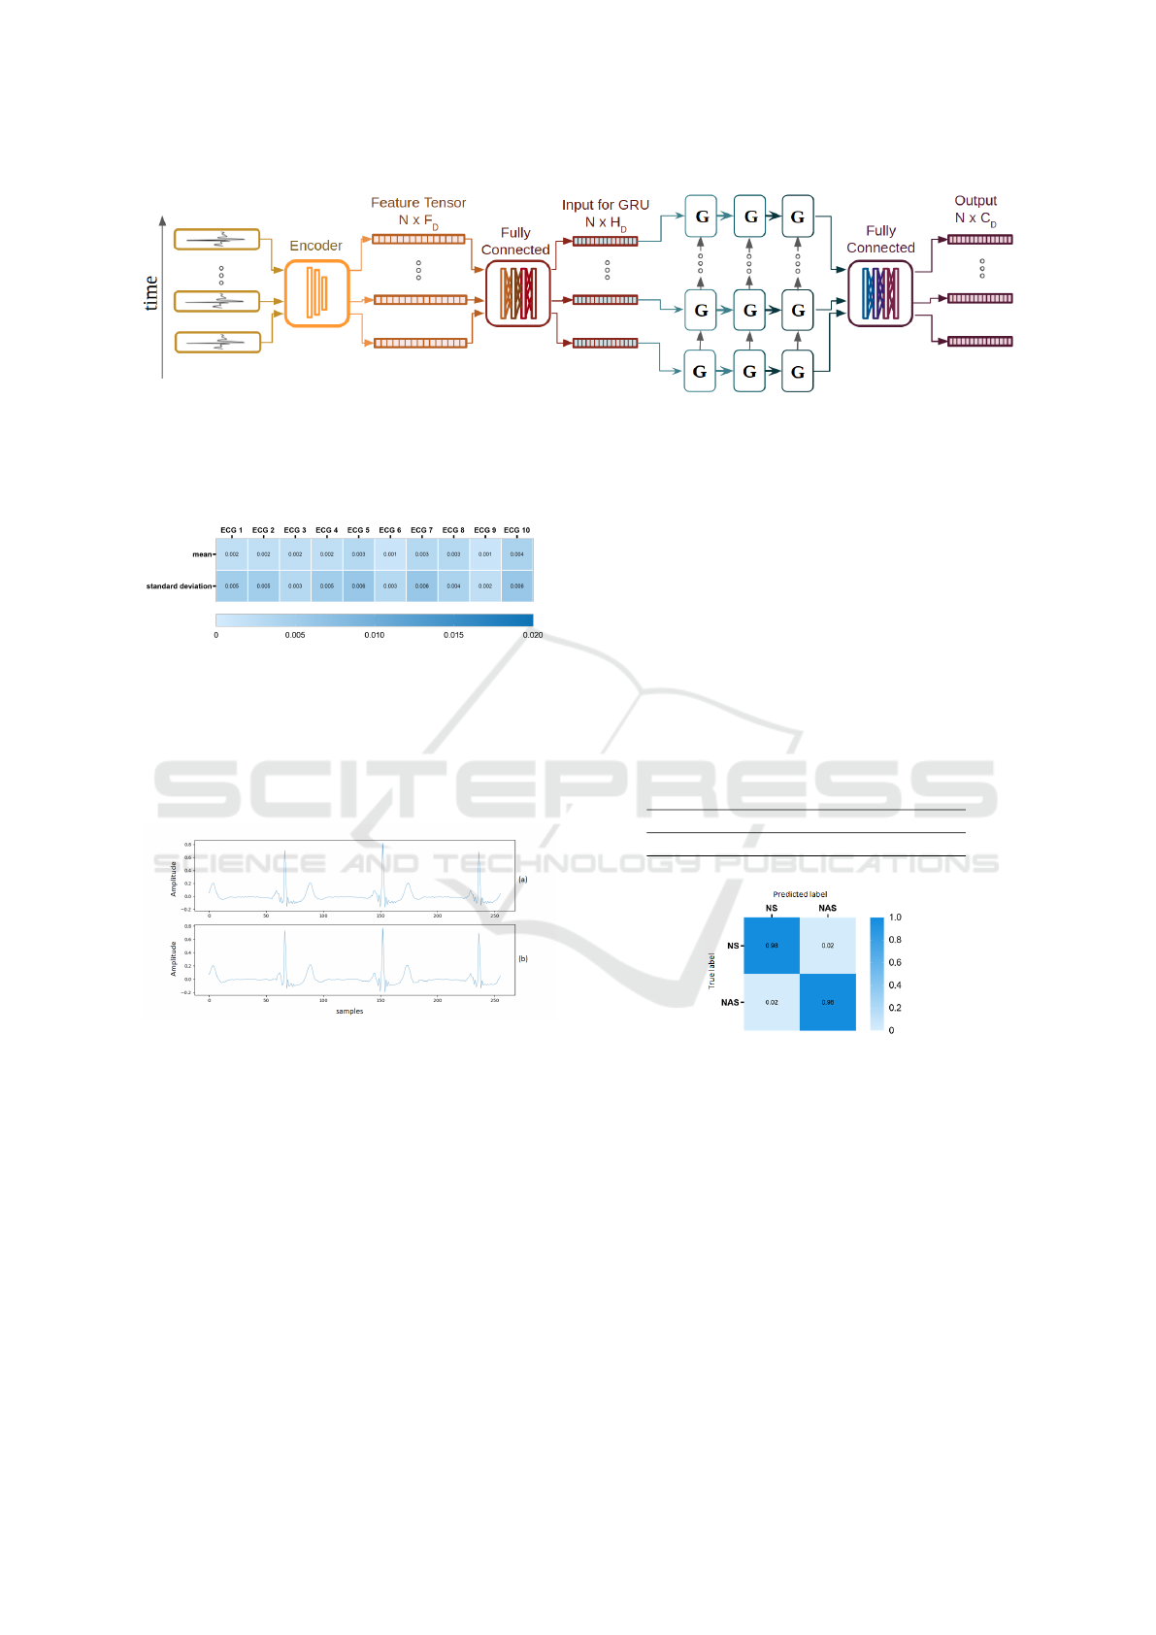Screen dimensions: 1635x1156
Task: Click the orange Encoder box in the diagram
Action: coord(316,293)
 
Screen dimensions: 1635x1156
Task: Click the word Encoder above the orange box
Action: coord(315,246)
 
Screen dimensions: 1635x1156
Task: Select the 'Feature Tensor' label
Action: coord(418,203)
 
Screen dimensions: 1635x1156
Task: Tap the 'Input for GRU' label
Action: coord(605,205)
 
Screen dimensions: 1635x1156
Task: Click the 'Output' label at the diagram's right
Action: coord(975,201)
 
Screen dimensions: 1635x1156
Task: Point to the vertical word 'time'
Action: coord(151,293)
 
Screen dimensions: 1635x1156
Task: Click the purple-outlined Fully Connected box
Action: coord(880,293)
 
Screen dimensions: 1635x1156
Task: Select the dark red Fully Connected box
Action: coord(517,293)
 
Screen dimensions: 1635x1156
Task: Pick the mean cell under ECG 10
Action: coord(517,554)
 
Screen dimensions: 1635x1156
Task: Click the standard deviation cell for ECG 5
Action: coord(358,586)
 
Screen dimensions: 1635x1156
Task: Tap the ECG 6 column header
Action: coord(390,530)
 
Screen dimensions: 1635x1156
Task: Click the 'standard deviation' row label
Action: coord(179,586)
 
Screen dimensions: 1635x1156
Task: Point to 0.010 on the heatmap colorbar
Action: coord(374,635)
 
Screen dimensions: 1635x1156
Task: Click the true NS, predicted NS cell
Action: coord(772,946)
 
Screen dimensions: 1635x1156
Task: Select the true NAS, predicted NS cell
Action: coord(772,1002)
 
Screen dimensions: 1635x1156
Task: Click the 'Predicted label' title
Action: coord(800,894)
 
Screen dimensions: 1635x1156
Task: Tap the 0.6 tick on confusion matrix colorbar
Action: coord(895,962)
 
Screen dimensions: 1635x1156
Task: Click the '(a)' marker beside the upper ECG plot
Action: coord(523,880)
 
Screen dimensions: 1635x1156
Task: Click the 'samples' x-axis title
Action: coord(349,1012)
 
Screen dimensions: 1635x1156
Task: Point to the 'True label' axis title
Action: coord(711,971)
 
